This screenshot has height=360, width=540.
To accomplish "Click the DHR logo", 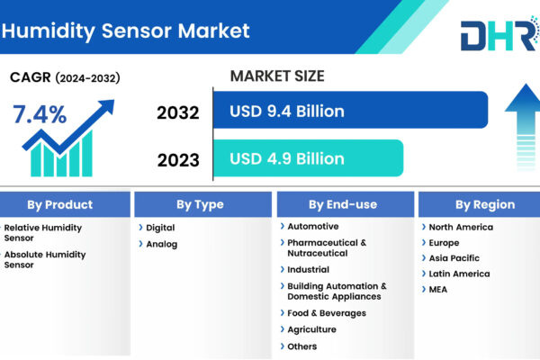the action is pos(500,34).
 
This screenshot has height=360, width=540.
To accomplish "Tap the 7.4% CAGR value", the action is pos(40,114).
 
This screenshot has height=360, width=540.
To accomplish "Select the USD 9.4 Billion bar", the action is pos(351,110).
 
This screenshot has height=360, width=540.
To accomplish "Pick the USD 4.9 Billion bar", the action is pos(308,158).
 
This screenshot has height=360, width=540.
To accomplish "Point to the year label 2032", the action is pos(178,112).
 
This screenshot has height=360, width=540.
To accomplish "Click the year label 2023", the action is pos(178,160).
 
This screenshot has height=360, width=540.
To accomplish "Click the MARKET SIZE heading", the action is pos(277,76).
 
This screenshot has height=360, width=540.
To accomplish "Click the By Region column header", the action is pos(479,204).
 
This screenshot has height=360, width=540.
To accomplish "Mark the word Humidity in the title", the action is pos(49,31).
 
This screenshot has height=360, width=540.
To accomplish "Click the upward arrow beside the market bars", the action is pos(525,127).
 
